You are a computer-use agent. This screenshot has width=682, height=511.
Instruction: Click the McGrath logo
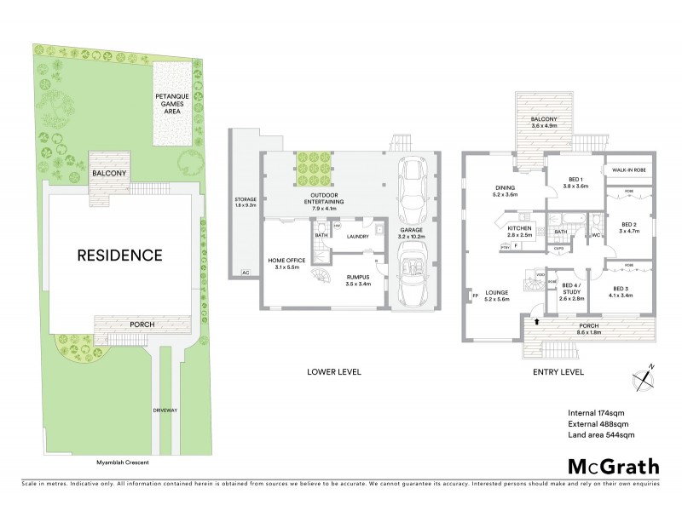pos(614,466)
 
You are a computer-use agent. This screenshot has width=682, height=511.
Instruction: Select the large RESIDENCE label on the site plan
pos(121,254)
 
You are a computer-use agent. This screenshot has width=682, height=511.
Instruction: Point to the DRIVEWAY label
pos(165,410)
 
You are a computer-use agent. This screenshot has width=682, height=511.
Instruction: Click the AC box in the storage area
pos(246,272)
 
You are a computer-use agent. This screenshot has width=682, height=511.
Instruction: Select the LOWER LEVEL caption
pos(334,371)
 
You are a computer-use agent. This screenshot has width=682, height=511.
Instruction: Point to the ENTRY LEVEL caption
pos(559,371)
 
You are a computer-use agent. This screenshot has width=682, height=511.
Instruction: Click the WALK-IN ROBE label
pos(631,169)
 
